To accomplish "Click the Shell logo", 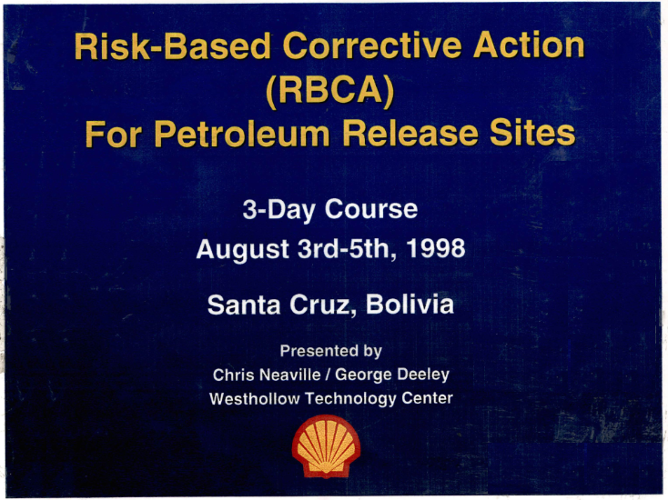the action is [326, 446].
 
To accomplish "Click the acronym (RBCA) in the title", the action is [330, 90].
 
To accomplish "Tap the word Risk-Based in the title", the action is [173, 46].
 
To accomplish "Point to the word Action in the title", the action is [529, 45].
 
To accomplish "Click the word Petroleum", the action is [242, 134].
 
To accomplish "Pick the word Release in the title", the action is [410, 133].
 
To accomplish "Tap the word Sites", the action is [532, 133].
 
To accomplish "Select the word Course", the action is [371, 209].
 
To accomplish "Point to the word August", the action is [243, 250].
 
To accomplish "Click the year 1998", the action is [435, 248].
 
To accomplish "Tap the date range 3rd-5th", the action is [348, 248].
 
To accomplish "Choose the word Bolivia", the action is [410, 305].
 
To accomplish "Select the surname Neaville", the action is [289, 375].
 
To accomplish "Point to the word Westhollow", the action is [254, 399].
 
